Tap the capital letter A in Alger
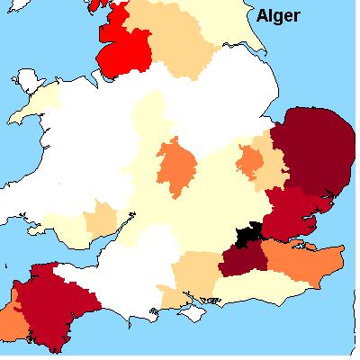(x=263, y=14)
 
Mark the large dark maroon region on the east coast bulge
(x=315, y=153)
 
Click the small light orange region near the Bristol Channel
(x=101, y=220)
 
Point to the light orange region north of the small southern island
(x=193, y=274)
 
